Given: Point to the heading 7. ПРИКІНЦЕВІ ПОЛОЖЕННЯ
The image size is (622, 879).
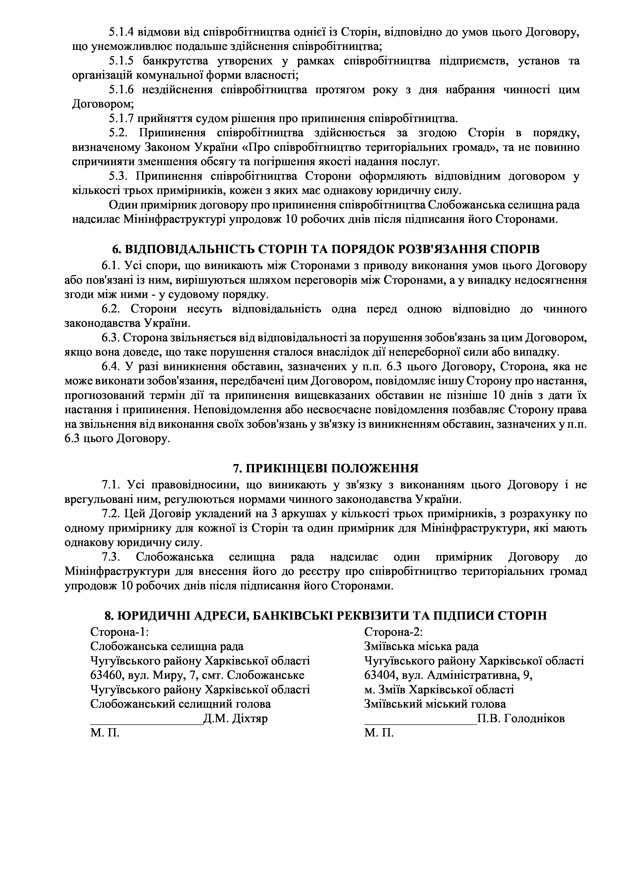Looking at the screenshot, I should [x=326, y=468].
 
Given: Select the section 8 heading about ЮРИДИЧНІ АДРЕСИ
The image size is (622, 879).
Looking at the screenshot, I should [x=326, y=615].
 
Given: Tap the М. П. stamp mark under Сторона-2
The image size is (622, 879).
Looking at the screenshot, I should [x=379, y=733].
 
